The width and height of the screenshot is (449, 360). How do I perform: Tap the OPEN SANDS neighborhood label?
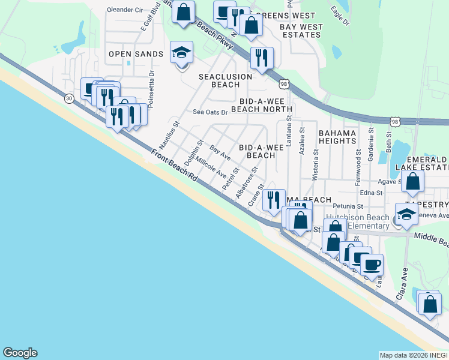point(136,55)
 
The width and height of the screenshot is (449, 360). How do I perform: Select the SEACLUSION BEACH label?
point(226,80)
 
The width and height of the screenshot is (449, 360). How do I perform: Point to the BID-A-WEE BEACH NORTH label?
point(266,106)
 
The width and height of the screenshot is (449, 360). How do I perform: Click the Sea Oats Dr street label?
point(210,112)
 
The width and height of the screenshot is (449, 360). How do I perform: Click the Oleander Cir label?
point(125,10)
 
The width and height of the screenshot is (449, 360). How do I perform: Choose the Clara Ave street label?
point(403,284)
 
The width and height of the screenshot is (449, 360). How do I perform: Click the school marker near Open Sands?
point(181,53)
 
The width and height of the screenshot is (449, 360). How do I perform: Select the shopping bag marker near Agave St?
point(413,181)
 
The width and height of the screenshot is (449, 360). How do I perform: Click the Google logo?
point(20,353)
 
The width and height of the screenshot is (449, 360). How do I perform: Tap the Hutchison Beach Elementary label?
point(357,221)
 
